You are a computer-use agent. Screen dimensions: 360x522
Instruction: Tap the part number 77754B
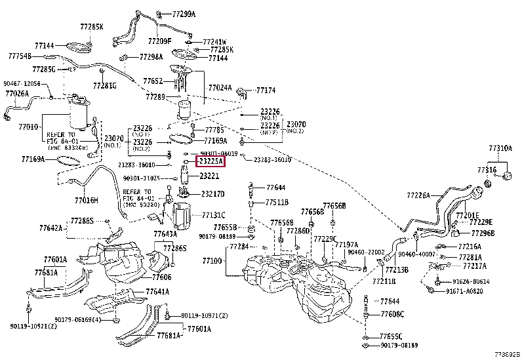20,56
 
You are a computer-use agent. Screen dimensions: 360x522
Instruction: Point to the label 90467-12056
22,83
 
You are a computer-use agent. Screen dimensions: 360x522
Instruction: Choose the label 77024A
220,87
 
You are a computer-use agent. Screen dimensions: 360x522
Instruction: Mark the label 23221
209,176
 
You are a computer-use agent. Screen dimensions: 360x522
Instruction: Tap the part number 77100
212,261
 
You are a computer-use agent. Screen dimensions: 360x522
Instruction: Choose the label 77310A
500,149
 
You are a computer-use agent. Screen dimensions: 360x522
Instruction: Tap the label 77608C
392,314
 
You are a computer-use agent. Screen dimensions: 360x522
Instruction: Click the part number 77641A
157,291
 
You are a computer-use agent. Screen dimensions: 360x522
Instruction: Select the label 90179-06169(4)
77,319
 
